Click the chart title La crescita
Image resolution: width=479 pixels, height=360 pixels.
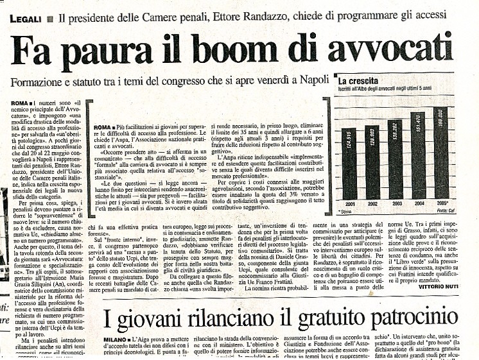click(360, 81)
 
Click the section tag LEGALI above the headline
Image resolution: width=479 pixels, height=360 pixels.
click(26, 19)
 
